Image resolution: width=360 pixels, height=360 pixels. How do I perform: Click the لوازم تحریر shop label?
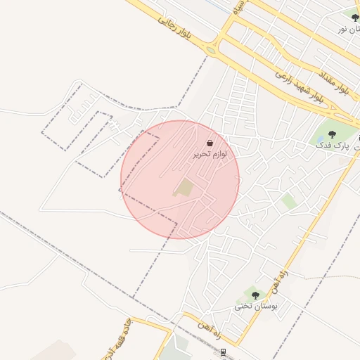[x=210, y=153]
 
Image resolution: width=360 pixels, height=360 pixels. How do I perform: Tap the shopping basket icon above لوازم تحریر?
[x=210, y=143]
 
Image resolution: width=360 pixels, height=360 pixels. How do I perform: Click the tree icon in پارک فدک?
[x=332, y=134]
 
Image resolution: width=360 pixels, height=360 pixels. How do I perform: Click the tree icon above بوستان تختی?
[x=255, y=295]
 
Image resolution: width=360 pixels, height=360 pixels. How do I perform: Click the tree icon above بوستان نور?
[x=355, y=17]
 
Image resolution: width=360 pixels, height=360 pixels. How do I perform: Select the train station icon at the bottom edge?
[x=224, y=352]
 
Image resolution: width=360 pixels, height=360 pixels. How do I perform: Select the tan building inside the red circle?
[x=184, y=188]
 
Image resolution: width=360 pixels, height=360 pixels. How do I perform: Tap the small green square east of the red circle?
[x=288, y=202]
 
